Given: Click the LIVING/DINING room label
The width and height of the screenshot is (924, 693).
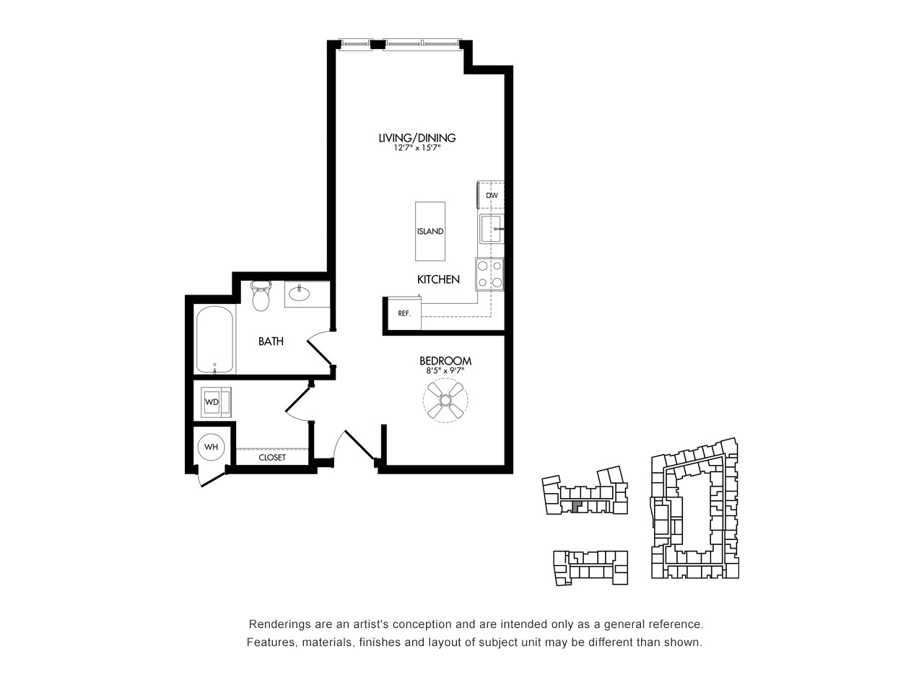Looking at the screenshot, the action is pos(417,138).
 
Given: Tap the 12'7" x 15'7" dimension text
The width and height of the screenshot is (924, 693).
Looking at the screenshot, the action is pos(417,148).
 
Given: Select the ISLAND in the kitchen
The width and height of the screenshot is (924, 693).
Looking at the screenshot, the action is pos(430,232).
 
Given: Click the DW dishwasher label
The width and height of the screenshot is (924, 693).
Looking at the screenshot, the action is pos(492,195).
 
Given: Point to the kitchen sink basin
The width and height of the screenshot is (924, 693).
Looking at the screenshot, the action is pos(492,229).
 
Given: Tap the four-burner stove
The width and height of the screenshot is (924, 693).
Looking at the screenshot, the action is pos(489,274).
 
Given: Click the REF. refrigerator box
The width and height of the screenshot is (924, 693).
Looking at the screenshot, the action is pos(404,313).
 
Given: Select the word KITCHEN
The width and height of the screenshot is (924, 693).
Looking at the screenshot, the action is pos(438,279).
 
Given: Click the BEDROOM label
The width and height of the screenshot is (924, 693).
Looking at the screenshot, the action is pos(445,361).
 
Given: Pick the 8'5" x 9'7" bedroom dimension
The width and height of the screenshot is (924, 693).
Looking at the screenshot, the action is pos(445,371).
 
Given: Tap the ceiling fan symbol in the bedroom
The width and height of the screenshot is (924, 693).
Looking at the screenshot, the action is pos(445,400).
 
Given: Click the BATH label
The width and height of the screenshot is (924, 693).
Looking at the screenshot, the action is pos(271,341).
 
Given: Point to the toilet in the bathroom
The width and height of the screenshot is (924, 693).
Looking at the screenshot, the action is pos(261,296).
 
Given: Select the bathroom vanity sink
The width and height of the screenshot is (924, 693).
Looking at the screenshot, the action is pos(300,294).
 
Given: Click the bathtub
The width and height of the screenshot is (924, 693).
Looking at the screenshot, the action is pos(214,340).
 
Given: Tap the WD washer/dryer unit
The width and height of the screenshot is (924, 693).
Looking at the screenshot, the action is pos(216,402).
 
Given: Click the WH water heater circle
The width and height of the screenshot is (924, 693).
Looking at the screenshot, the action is pos(211,447).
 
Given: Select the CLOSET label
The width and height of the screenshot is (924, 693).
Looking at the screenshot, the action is pos(272,458).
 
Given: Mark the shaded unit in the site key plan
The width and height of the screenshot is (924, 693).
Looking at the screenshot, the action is pos(576,506).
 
